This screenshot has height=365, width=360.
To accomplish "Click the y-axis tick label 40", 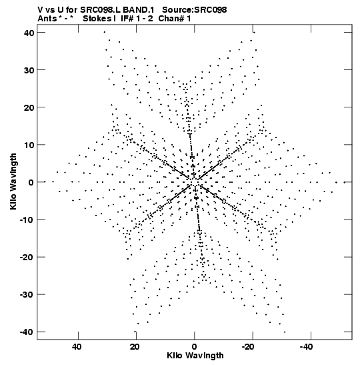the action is [x=29, y=33].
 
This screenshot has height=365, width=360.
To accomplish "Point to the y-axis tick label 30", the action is [x=29, y=70].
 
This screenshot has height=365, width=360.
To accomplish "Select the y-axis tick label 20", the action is [x=29, y=108].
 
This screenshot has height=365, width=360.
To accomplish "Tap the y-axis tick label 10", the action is [x=29, y=145].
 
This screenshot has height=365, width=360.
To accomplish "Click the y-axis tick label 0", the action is [x=31, y=183].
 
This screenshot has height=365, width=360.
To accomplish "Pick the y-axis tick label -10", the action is [x=27, y=220].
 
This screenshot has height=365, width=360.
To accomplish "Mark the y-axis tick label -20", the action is [x=27, y=258].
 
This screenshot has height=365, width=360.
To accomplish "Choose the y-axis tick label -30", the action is [x=27, y=295].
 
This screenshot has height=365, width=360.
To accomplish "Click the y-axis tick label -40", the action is [x=27, y=332].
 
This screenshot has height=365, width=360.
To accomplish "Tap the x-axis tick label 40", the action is [x=77, y=347].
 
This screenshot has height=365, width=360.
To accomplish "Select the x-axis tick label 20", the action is [x=135, y=347].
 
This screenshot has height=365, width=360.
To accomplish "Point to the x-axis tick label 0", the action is [x=194, y=347].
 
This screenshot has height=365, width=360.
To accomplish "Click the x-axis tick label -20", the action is [x=248, y=347].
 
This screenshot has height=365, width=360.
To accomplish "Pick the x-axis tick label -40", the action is [x=306, y=347].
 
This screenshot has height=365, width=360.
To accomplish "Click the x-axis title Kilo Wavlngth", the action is [x=195, y=356].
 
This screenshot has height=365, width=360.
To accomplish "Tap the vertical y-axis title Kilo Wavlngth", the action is [x=13, y=181].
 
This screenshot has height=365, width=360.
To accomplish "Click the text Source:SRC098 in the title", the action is [x=195, y=10].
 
